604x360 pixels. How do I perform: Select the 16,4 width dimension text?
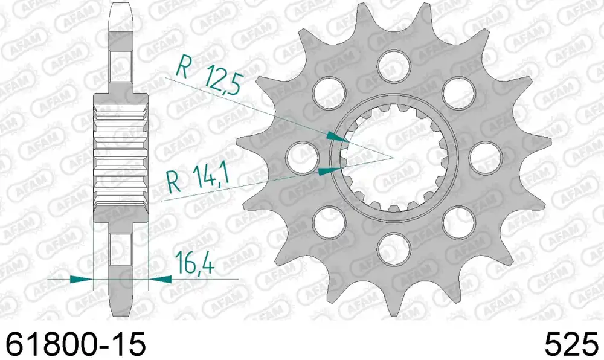(x=194, y=263)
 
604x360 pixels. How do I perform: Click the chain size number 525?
(x=571, y=344)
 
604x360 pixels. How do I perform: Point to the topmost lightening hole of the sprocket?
(x=394, y=65)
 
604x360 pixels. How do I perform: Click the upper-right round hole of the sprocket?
(x=458, y=92)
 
